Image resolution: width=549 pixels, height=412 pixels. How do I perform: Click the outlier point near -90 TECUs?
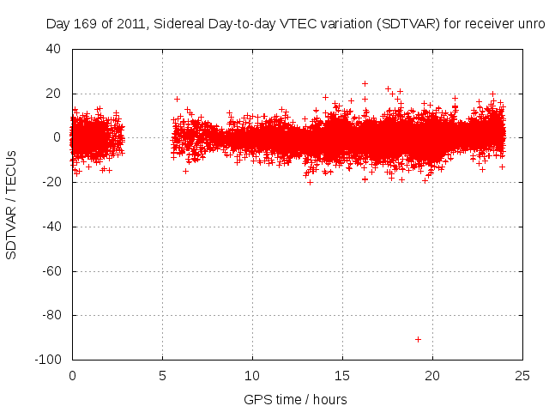[418, 339]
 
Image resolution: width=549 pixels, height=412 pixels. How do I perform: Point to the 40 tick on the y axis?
[54, 49]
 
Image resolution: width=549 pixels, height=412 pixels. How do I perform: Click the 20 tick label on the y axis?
[54, 94]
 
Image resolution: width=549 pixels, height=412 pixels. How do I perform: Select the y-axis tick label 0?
[57, 137]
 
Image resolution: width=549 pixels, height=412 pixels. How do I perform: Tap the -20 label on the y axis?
[51, 182]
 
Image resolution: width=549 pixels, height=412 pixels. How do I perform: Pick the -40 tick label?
[51, 227]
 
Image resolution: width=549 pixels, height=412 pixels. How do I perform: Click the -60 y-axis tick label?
[51, 271]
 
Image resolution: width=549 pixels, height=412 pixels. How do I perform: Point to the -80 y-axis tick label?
[51, 315]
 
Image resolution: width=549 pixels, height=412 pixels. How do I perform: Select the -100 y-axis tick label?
[48, 360]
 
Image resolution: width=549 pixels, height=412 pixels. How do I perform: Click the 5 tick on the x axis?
[162, 375]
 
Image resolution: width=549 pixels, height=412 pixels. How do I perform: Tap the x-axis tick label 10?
[252, 375]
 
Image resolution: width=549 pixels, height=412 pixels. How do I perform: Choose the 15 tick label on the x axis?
[342, 375]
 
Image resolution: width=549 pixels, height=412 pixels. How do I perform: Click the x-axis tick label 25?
[522, 375]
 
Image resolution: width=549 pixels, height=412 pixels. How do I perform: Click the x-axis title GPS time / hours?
[295, 399]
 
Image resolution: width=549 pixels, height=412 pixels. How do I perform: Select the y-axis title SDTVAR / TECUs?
[12, 204]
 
